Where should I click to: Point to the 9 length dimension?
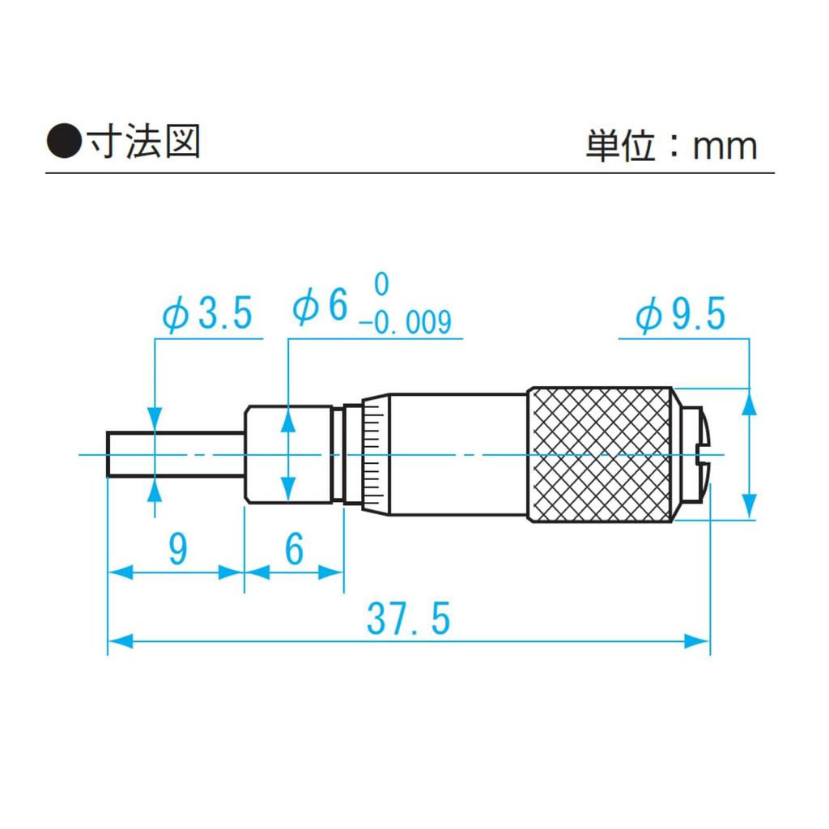pos(177,550)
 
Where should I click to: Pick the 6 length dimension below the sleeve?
pos(294,550)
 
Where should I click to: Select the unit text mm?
pos(725,147)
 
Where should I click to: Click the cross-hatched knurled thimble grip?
pos(600,454)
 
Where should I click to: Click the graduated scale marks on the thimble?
pos(373,454)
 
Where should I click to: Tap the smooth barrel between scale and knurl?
pos(457,454)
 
